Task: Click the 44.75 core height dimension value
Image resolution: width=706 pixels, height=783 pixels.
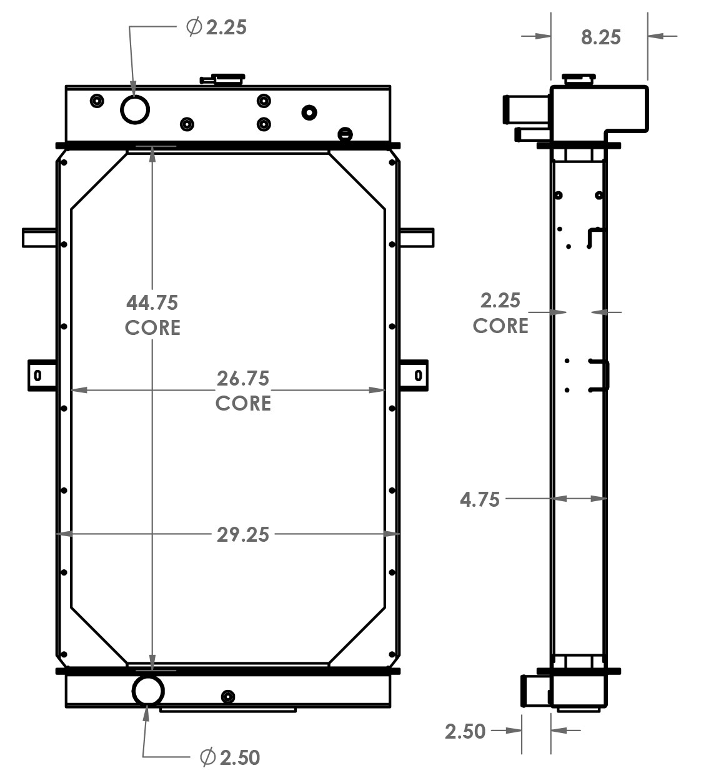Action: tap(152, 303)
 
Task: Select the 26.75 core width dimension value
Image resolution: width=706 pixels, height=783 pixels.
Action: tap(242, 379)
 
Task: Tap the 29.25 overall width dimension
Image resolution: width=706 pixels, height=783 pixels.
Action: tap(242, 535)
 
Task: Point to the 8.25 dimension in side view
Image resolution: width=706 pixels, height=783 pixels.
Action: tap(600, 37)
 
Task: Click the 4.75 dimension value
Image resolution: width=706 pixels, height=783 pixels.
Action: tap(479, 500)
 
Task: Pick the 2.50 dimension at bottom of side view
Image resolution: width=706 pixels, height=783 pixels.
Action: tap(465, 731)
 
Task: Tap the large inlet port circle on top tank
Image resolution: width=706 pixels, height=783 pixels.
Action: tap(135, 110)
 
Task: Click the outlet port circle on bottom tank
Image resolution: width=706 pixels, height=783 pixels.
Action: tap(148, 691)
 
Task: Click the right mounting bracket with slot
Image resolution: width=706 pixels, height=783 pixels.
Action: tap(414, 376)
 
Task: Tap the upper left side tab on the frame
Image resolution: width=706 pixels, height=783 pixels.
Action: tap(40, 238)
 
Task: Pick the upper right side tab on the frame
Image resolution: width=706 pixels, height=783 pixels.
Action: tap(416, 238)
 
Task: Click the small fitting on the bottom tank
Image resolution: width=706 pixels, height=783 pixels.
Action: tap(228, 697)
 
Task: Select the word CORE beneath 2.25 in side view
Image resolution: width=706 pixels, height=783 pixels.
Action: tap(500, 326)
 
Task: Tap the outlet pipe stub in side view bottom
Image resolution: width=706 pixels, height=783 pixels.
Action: tap(534, 691)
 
